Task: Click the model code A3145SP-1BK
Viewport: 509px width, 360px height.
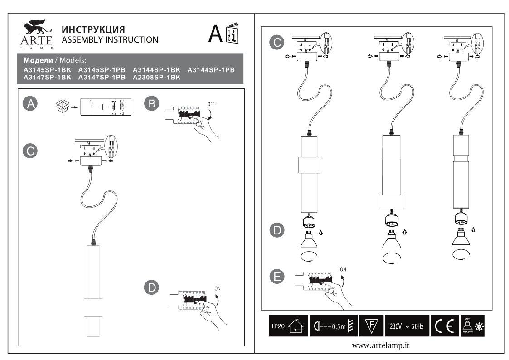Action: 47,70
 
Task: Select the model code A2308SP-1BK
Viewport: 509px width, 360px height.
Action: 156,78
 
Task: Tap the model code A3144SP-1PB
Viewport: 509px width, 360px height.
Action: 211,70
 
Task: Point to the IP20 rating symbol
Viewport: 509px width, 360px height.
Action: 288,326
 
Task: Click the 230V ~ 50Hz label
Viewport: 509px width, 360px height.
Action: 407,326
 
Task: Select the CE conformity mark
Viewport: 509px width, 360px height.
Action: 443,326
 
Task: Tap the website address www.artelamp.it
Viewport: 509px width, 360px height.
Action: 381,345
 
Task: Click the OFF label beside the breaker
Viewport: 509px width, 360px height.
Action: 211,104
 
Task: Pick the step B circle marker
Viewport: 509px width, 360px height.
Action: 152,104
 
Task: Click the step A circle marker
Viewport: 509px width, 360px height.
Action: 30,104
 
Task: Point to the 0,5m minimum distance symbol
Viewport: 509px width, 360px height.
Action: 334,326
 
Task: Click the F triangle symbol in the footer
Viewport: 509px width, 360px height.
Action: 372,326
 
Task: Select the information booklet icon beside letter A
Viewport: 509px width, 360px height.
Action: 232,34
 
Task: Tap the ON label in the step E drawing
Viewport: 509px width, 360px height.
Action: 343,269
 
